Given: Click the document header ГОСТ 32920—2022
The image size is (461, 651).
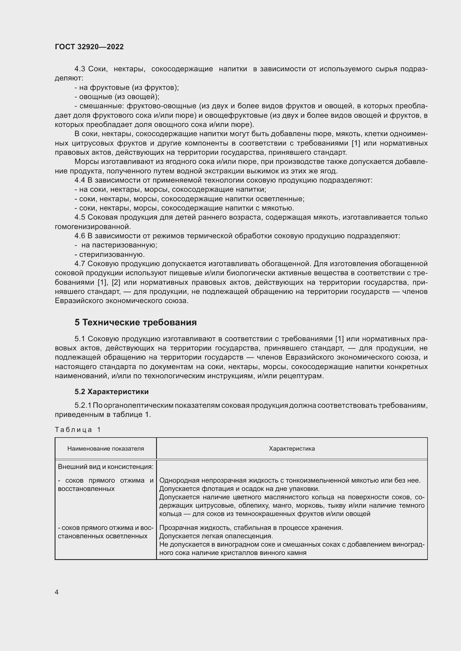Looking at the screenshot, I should click(89, 47).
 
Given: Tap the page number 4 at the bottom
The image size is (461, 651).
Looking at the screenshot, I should click(57, 592).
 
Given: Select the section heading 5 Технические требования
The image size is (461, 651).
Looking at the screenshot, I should click(136, 322).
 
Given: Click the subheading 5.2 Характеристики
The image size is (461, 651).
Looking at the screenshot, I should click(111, 392).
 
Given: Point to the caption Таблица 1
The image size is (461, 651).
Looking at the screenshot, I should click(78, 429).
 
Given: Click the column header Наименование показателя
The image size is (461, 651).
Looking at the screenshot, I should click(106, 449).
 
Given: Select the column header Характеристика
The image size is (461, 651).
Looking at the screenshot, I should click(292, 449).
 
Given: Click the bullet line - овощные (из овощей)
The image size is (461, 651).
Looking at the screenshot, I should click(117, 97).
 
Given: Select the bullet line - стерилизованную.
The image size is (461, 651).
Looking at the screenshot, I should click(110, 254).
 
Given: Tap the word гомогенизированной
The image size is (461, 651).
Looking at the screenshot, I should click(93, 227).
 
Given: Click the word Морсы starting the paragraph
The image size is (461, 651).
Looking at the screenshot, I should click(87, 162).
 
